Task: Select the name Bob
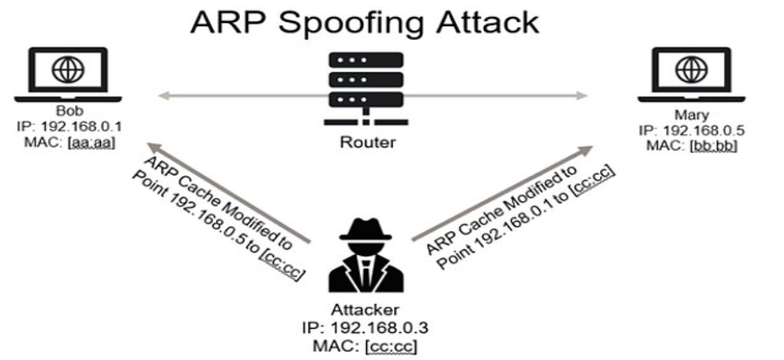(65, 111)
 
